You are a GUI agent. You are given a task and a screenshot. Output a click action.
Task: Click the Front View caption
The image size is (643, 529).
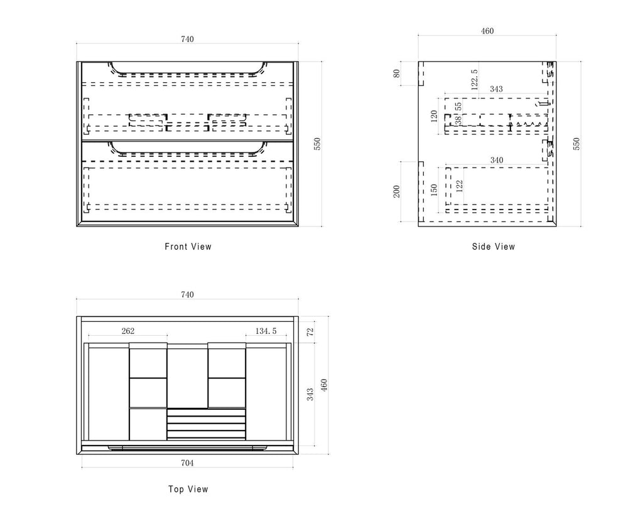tap(188, 247)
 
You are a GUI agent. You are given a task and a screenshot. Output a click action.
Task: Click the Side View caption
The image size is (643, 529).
tap(494, 247)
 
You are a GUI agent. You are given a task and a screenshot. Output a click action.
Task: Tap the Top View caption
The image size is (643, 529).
tap(188, 489)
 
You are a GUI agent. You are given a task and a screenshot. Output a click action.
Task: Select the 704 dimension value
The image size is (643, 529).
tap(187, 463)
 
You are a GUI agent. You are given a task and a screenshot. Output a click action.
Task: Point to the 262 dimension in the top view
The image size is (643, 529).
tap(127, 331)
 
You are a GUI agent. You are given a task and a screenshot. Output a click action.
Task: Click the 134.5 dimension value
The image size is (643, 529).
tap(266, 331)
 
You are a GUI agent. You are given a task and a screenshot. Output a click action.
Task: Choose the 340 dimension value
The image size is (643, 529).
tap(496, 161)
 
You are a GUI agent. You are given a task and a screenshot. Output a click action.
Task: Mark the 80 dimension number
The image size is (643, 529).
tap(396, 73)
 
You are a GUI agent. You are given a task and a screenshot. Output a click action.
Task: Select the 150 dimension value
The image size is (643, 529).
tap(435, 190)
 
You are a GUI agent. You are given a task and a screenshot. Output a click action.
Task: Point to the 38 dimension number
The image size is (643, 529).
tap(458, 119)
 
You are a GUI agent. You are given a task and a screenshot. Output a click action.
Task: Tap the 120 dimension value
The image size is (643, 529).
tap(435, 115)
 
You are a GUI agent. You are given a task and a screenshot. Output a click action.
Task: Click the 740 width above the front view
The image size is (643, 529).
tap(187, 39)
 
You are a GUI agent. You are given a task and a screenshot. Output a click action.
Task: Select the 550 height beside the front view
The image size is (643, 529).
tap(317, 144)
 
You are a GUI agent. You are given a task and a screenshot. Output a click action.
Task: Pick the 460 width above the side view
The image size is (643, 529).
tap(487, 31)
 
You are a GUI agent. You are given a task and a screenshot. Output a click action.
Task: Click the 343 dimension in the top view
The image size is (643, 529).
tap(310, 394)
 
